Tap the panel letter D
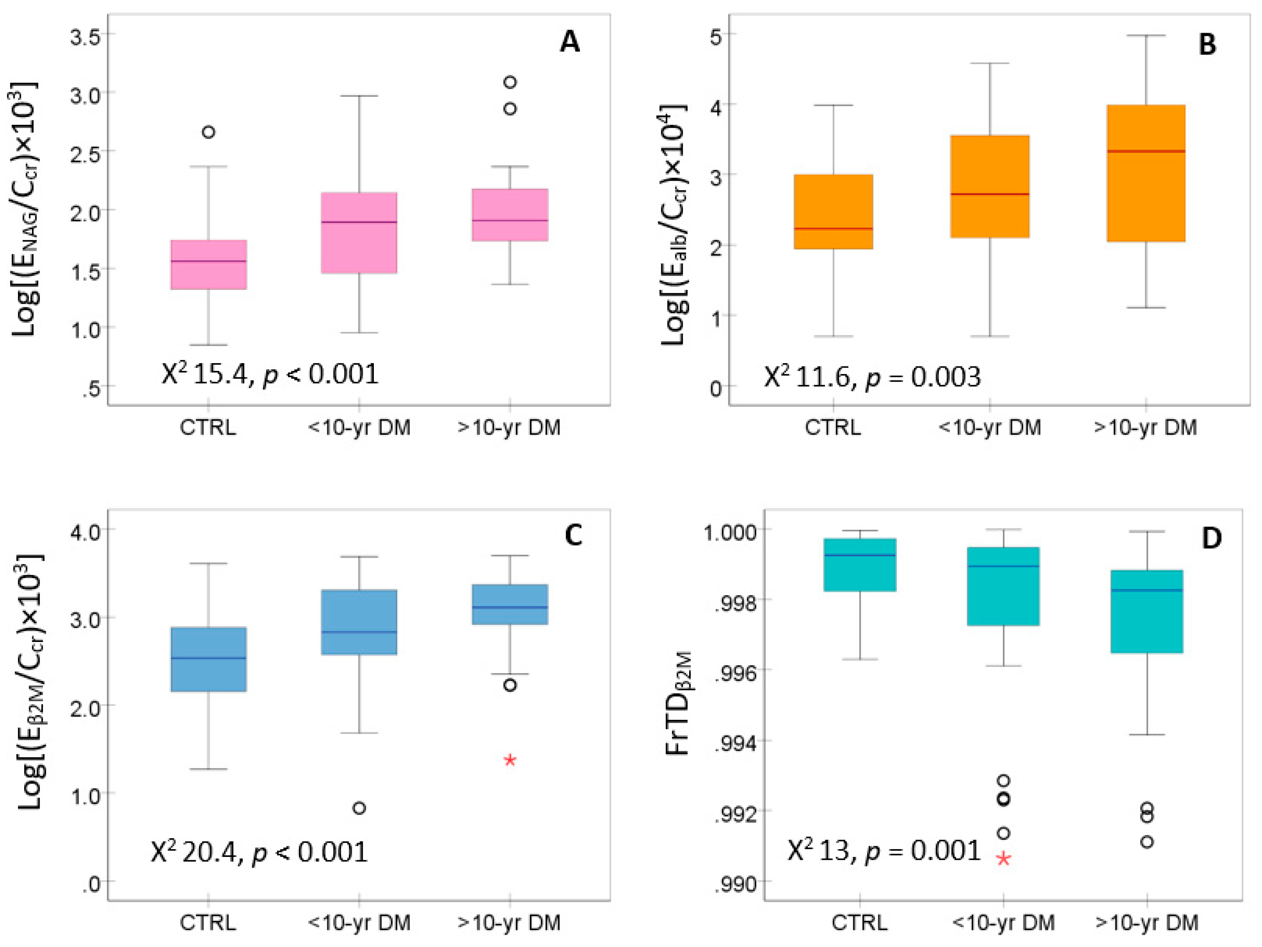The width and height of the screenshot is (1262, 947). [1211, 538]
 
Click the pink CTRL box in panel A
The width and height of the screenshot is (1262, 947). [209, 265]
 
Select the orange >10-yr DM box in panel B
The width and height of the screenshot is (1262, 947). [1146, 174]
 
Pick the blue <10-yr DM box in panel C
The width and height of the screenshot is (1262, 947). [359, 622]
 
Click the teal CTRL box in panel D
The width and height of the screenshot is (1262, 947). [859, 564]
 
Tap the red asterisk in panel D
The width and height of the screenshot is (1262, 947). [1003, 859]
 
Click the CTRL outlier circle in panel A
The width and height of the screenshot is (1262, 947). [209, 132]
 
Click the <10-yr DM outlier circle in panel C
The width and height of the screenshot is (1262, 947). [359, 808]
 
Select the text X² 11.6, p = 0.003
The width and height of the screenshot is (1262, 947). [872, 377]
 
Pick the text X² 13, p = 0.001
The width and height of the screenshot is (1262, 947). [883, 851]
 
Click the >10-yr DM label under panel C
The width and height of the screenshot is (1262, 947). [509, 922]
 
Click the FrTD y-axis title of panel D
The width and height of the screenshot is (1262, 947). [678, 703]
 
